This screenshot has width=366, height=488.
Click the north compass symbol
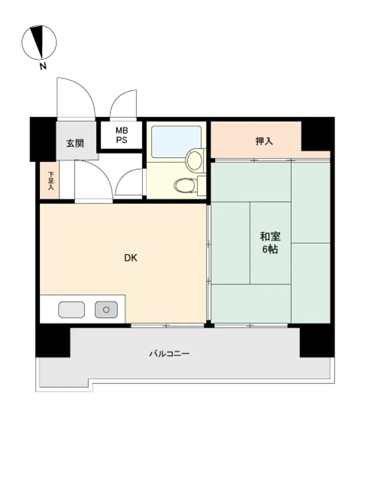(x=39, y=42)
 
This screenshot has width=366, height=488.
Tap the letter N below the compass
(x=43, y=66)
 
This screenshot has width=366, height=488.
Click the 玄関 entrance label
(x=75, y=143)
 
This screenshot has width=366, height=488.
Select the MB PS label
(x=122, y=135)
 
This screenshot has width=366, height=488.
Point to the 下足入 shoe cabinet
(x=49, y=180)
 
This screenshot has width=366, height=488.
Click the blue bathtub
(x=176, y=142)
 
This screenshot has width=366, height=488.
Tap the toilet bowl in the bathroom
(x=184, y=186)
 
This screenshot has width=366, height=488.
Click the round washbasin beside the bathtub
(x=194, y=160)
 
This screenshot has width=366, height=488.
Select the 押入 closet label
(x=264, y=142)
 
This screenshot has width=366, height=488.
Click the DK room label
(x=131, y=258)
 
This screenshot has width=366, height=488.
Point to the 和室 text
(x=270, y=237)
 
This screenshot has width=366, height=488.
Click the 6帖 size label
(x=270, y=249)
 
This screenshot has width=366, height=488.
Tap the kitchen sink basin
(x=72, y=310)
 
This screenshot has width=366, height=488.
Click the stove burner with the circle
(x=106, y=310)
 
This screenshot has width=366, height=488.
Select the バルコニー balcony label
(x=169, y=353)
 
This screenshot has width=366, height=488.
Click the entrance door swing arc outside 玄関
(x=84, y=90)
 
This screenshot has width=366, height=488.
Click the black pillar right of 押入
(x=318, y=135)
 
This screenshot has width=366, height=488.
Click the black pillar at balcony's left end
(x=53, y=341)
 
